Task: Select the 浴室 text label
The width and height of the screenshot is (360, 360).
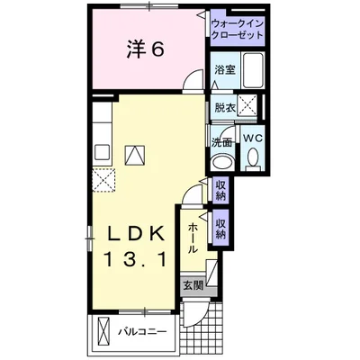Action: [x=225, y=69]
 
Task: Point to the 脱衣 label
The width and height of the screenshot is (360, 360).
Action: [x=224, y=107]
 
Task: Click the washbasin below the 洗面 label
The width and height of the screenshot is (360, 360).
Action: [x=220, y=162]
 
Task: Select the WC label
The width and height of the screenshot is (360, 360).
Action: [x=252, y=139]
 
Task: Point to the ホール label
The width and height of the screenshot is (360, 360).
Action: [x=193, y=237]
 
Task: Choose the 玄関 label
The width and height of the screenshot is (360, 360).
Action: [x=193, y=286]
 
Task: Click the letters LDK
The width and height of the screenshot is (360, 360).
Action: [x=136, y=233]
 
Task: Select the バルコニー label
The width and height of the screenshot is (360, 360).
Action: [x=143, y=333]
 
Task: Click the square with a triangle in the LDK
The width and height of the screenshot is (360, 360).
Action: [x=134, y=154]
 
